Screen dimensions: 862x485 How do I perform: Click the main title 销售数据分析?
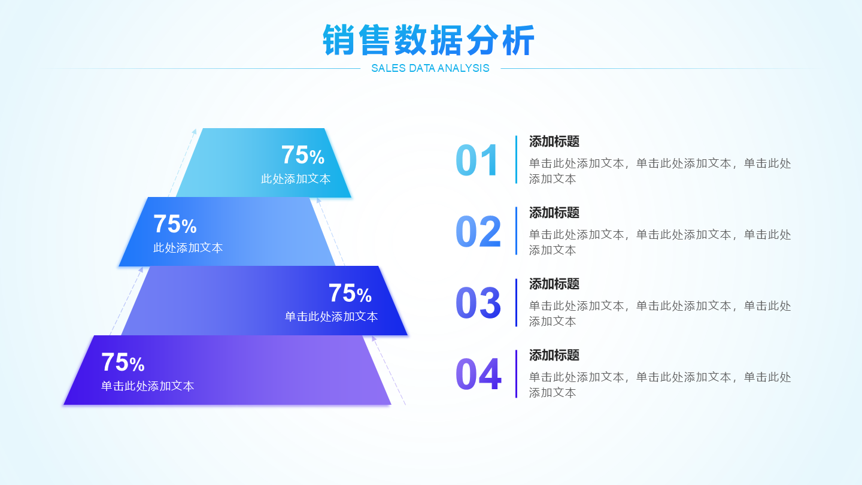coord(429,40)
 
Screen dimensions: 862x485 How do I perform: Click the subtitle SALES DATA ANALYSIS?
coord(430,68)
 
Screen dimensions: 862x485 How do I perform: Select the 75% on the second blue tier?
coord(175,224)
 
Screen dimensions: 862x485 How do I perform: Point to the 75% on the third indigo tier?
coord(350,293)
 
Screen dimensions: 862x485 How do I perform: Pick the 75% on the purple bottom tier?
coord(123,362)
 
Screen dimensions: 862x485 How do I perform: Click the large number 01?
coord(477,160)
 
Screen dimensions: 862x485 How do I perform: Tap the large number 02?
coord(478,231)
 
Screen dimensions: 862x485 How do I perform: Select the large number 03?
coord(478,302)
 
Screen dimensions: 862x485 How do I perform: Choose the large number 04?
coord(478,374)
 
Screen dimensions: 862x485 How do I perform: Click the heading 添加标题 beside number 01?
coord(554,141)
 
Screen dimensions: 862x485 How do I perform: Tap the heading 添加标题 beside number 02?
coord(554,213)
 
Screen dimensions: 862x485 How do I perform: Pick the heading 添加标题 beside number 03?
coord(554,284)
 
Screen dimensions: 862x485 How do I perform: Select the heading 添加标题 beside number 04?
coord(554,355)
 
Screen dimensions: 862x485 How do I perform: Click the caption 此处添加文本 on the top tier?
coord(296,178)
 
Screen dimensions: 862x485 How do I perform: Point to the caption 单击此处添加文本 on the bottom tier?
coord(147,386)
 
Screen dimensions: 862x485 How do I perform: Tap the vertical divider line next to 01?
coord(516,159)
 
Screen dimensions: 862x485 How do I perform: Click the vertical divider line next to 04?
coord(516,374)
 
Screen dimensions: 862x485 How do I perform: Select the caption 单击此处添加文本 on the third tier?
coord(331,316)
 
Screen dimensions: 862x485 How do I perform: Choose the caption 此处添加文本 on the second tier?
coord(188,247)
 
